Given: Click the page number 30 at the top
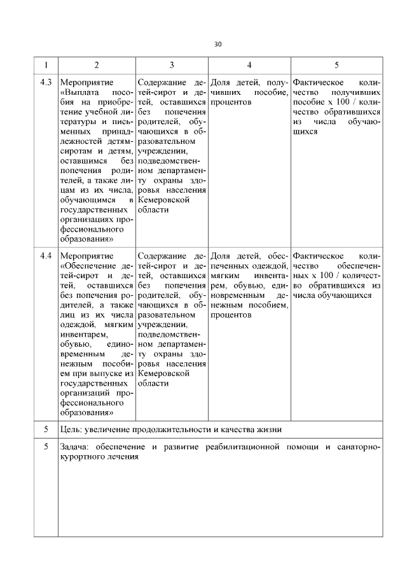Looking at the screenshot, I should (x=217, y=44).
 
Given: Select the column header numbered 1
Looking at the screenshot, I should (x=46, y=65).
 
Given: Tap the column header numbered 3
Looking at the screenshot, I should (x=172, y=65).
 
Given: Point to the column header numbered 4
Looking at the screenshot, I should (x=249, y=65).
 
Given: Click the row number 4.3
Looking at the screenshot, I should (x=46, y=83).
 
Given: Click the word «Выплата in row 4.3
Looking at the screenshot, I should (x=78, y=93).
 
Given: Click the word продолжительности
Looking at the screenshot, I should (x=170, y=430).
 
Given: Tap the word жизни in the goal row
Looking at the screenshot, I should (x=270, y=430).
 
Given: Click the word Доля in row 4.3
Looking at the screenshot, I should (x=220, y=83).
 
